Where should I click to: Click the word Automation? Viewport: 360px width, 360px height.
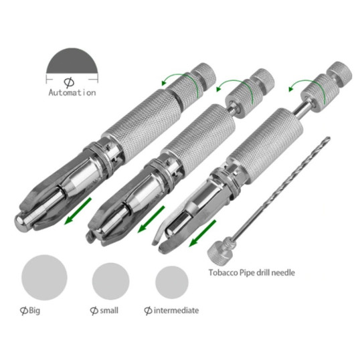(72, 93)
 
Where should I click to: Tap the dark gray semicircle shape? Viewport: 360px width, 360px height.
(72, 62)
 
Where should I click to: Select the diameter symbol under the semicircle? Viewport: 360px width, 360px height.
(69, 83)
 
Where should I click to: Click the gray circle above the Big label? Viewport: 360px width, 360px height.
(44, 277)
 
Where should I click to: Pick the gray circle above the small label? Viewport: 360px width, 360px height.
(110, 281)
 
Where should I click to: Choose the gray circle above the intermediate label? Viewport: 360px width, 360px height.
(172, 282)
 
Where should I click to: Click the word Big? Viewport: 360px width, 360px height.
(34, 310)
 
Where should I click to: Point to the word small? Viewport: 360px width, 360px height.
(109, 310)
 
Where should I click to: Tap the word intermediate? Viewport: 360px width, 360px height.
(176, 310)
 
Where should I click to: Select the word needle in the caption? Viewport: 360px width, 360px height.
(284, 273)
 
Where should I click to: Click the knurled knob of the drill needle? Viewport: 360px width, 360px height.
(217, 253)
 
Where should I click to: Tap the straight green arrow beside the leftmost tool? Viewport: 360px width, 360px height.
(78, 211)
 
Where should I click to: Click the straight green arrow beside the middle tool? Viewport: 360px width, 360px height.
(151, 219)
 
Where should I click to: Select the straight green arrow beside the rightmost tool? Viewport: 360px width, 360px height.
(202, 234)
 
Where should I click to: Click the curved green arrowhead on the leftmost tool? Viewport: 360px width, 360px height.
(165, 82)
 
